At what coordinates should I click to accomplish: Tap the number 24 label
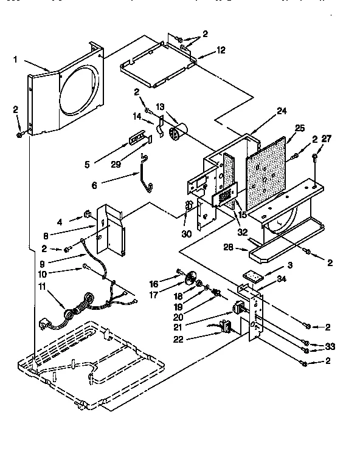(281, 111)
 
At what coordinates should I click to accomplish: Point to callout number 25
(299, 128)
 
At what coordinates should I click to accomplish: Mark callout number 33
(330, 347)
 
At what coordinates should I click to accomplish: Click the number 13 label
(161, 107)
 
